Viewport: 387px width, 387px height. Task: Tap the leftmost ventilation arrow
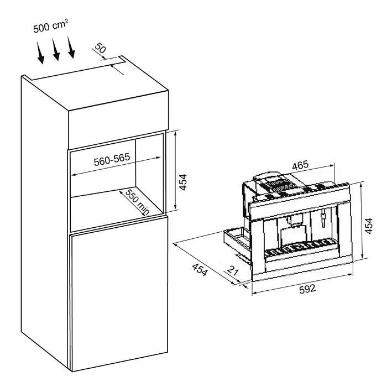click(x=40, y=53)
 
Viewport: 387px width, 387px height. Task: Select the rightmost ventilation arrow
click(x=71, y=48)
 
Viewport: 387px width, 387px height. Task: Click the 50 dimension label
click(x=101, y=48)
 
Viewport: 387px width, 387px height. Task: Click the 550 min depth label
click(x=137, y=202)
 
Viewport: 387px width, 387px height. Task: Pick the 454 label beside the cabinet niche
click(x=183, y=182)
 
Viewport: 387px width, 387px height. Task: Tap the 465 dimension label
click(x=300, y=165)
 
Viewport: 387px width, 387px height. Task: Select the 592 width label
click(x=307, y=289)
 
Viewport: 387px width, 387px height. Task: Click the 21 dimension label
click(x=233, y=270)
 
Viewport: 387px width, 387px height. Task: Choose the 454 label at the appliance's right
click(x=369, y=226)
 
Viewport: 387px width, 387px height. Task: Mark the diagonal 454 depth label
click(x=200, y=270)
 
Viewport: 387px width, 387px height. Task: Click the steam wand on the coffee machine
click(x=322, y=218)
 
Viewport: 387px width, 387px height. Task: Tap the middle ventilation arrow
click(x=55, y=49)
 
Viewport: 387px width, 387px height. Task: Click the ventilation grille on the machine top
click(x=277, y=185)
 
